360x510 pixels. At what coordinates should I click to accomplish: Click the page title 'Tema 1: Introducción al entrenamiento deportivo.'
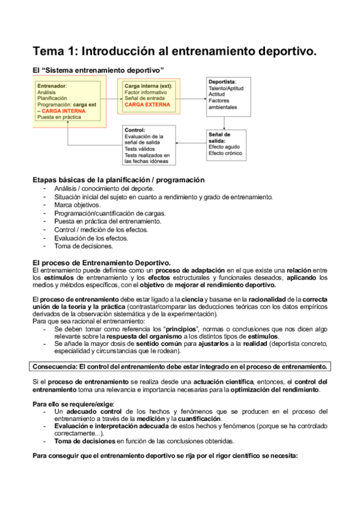pyautogui.click(x=174, y=52)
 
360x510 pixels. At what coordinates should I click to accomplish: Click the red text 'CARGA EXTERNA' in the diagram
pyautogui.click(x=147, y=105)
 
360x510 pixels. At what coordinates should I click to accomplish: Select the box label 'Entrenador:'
pyautogui.click(x=52, y=86)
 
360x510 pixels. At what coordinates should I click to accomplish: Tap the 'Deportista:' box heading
pyautogui.click(x=222, y=81)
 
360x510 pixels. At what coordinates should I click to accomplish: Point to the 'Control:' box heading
pyautogui.click(x=133, y=130)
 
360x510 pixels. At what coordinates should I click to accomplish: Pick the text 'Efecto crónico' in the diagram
pyautogui.click(x=225, y=153)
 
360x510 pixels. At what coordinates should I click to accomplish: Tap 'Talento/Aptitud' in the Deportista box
pyautogui.click(x=227, y=88)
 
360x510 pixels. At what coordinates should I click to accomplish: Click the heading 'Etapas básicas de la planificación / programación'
pyautogui.click(x=118, y=180)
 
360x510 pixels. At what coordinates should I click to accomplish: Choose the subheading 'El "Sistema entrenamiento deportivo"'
pyautogui.click(x=98, y=70)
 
